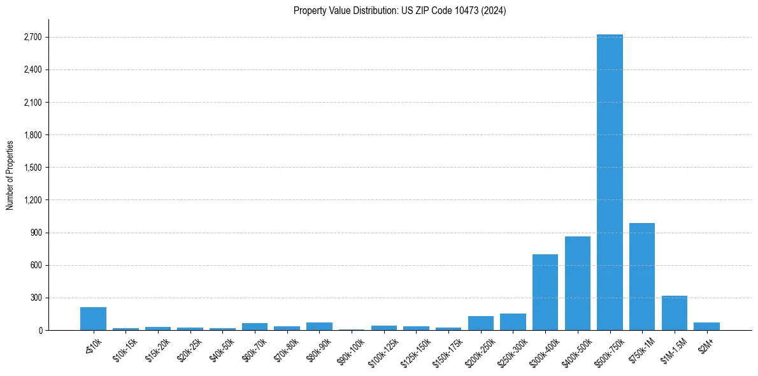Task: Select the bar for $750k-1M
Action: (642, 277)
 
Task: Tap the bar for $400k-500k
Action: (577, 283)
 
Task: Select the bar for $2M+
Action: (706, 326)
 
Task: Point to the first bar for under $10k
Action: (93, 319)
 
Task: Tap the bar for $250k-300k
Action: (513, 322)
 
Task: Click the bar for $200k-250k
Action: (481, 323)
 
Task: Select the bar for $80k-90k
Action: (319, 326)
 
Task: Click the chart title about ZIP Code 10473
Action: (399, 11)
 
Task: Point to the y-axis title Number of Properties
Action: (10, 175)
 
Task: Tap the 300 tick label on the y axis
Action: (35, 298)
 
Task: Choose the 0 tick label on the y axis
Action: (39, 330)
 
